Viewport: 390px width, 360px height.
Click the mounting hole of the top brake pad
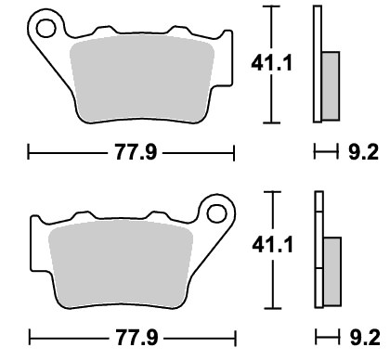45,29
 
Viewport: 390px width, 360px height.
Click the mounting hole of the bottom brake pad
217,213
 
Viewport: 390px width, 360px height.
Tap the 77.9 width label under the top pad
136,152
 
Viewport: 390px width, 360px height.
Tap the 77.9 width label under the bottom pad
136,338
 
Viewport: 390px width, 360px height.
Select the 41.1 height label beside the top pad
271,63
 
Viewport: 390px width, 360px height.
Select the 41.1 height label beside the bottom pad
272,246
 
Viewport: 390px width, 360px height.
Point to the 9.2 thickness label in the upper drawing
363,152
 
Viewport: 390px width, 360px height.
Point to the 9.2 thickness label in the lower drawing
365,338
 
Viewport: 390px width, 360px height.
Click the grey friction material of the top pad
142,79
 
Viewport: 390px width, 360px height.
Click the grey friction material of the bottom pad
121,264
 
